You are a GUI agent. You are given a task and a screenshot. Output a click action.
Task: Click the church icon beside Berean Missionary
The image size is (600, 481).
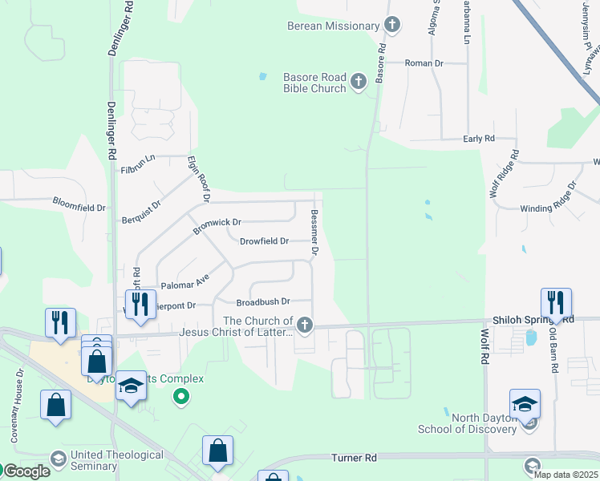(x=391, y=25)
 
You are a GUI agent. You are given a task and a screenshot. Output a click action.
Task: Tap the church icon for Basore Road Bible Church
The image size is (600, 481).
(x=359, y=81)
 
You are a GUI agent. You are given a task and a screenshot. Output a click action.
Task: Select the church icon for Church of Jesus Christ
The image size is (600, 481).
(x=304, y=325)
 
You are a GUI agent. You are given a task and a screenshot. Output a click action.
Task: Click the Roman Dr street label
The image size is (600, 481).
(x=424, y=63)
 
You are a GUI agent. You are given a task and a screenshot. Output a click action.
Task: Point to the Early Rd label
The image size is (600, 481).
(x=479, y=139)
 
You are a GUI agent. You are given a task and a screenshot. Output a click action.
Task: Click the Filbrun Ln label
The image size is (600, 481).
(x=138, y=164)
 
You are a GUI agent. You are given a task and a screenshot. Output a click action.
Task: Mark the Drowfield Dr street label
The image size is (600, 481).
(x=264, y=240)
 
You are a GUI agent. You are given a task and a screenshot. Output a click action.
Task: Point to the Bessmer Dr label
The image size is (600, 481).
(x=315, y=233)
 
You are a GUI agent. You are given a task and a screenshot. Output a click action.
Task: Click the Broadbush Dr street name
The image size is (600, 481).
(x=262, y=302)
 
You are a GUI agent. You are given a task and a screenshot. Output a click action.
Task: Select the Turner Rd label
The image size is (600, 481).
(x=354, y=458)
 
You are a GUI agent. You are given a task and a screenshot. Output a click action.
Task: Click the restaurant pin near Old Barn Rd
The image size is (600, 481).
(x=556, y=303)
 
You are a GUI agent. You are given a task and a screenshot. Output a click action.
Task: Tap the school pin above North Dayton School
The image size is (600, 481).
(x=524, y=404)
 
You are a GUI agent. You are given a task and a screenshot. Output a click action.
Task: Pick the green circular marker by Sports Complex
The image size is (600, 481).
(x=181, y=395)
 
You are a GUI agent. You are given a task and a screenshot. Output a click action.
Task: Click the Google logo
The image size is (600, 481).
(x=26, y=471)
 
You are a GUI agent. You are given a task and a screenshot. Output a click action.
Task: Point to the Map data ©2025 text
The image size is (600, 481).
(x=565, y=475)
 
